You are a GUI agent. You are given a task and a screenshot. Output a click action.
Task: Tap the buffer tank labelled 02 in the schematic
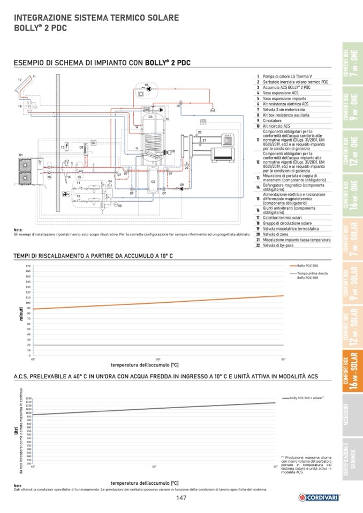click(153, 181)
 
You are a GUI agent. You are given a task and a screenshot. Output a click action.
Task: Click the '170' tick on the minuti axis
click(27, 265)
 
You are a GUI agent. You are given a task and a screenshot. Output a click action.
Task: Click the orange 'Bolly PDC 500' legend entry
click(307, 265)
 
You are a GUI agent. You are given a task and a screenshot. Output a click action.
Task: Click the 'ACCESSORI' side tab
click(351, 417)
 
